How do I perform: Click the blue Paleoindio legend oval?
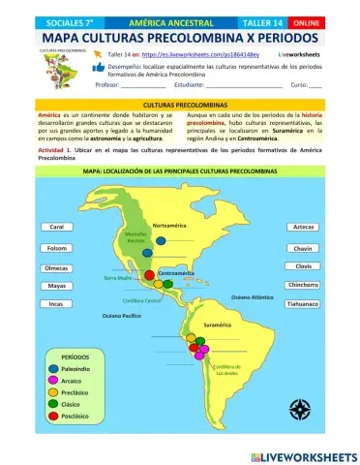[50, 368]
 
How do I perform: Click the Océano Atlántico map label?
[251, 296]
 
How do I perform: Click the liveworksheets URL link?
[194, 56]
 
